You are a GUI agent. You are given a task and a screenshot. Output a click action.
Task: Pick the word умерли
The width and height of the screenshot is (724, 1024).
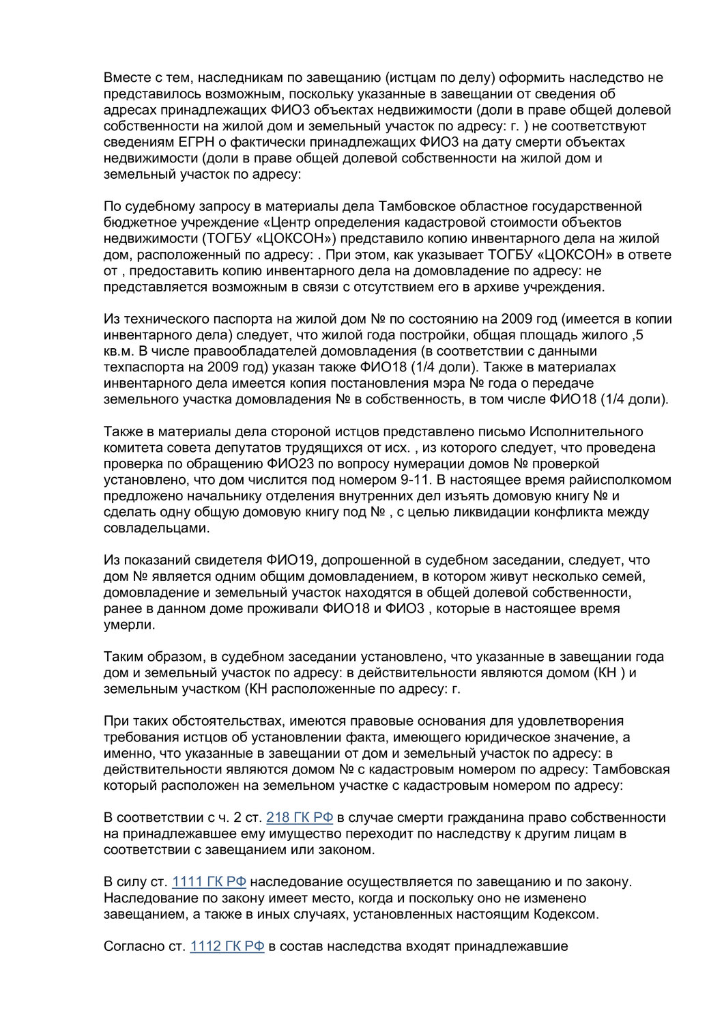click(x=129, y=625)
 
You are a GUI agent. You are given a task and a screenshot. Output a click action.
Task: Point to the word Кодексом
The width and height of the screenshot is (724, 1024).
click(x=565, y=914)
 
